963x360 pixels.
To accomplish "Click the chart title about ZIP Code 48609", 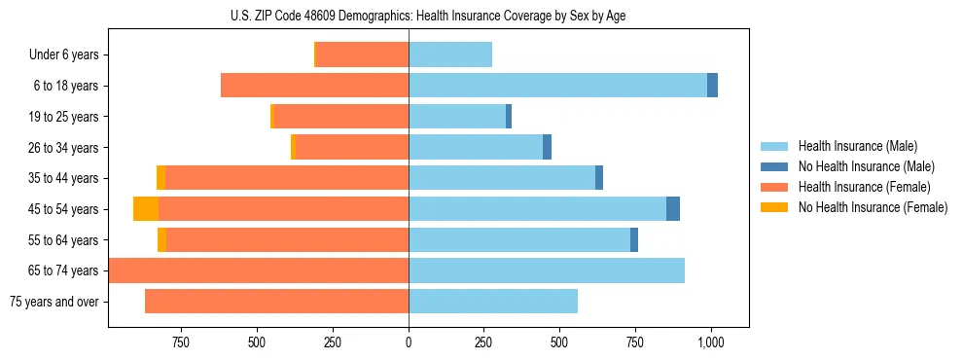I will (x=428, y=16).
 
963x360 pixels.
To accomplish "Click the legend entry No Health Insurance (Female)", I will (x=873, y=207).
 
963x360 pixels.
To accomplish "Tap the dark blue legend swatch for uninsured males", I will (x=774, y=166).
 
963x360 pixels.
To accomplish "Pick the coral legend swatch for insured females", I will (x=774, y=187).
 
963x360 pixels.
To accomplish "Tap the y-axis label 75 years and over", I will (x=54, y=302).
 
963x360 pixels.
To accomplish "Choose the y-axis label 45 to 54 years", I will (x=64, y=209).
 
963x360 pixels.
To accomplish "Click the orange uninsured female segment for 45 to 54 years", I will (x=146, y=209).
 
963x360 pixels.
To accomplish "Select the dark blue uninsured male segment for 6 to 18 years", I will (x=712, y=86).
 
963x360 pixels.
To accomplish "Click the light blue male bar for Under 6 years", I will (x=450, y=55).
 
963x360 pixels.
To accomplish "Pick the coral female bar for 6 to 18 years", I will (x=314, y=86).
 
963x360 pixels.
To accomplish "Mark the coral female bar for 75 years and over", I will (x=276, y=302).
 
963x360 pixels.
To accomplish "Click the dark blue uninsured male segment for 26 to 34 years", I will (x=547, y=147).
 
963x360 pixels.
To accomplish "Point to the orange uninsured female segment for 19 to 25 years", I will (x=272, y=117).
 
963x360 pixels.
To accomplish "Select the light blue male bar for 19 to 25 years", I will (x=457, y=117).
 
